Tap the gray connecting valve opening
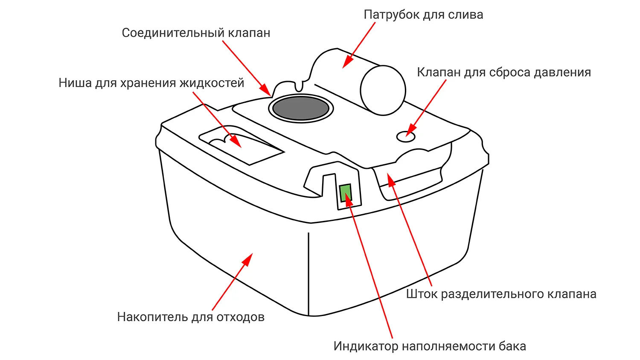[301, 108]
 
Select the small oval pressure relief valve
[406, 137]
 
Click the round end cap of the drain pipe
[383, 90]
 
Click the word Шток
[422, 294]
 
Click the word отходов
[240, 317]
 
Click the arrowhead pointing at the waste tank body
[248, 259]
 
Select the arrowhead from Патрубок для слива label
[346, 63]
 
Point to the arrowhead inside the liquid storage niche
[236, 142]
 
